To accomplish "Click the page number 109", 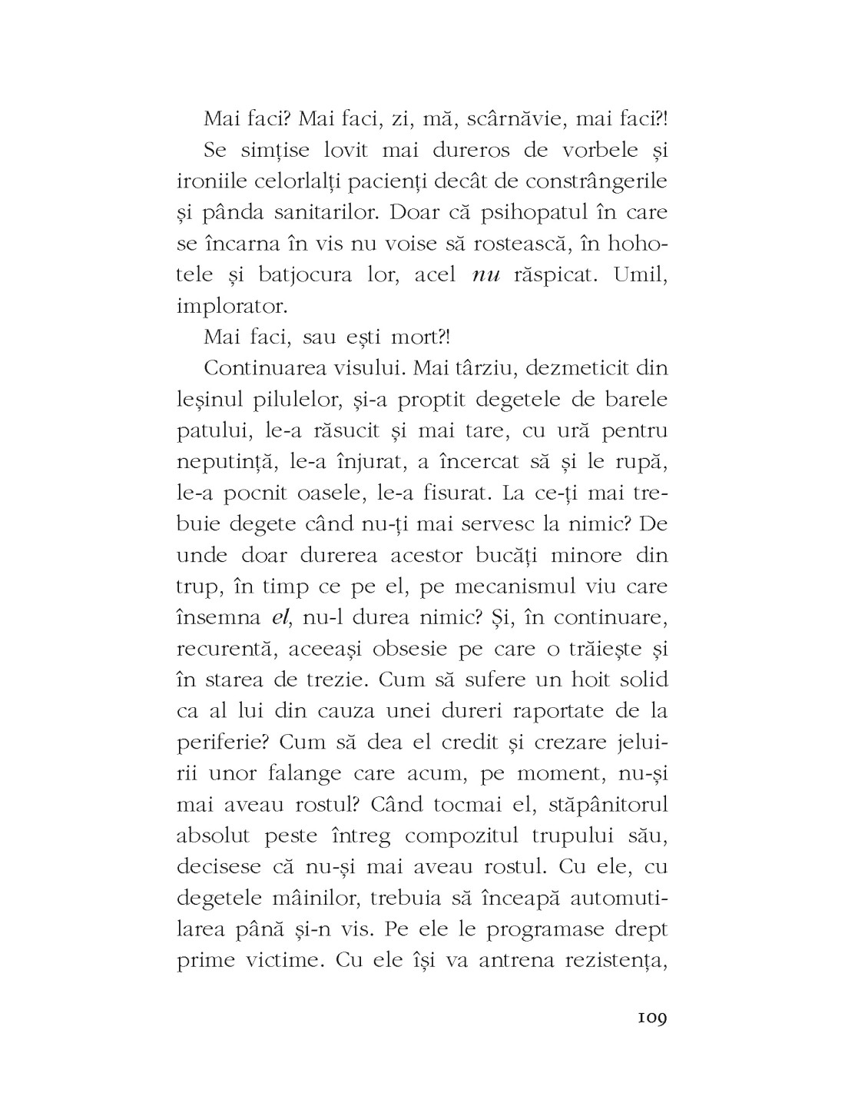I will coord(650,1019).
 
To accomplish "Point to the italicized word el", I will coord(280,617).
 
